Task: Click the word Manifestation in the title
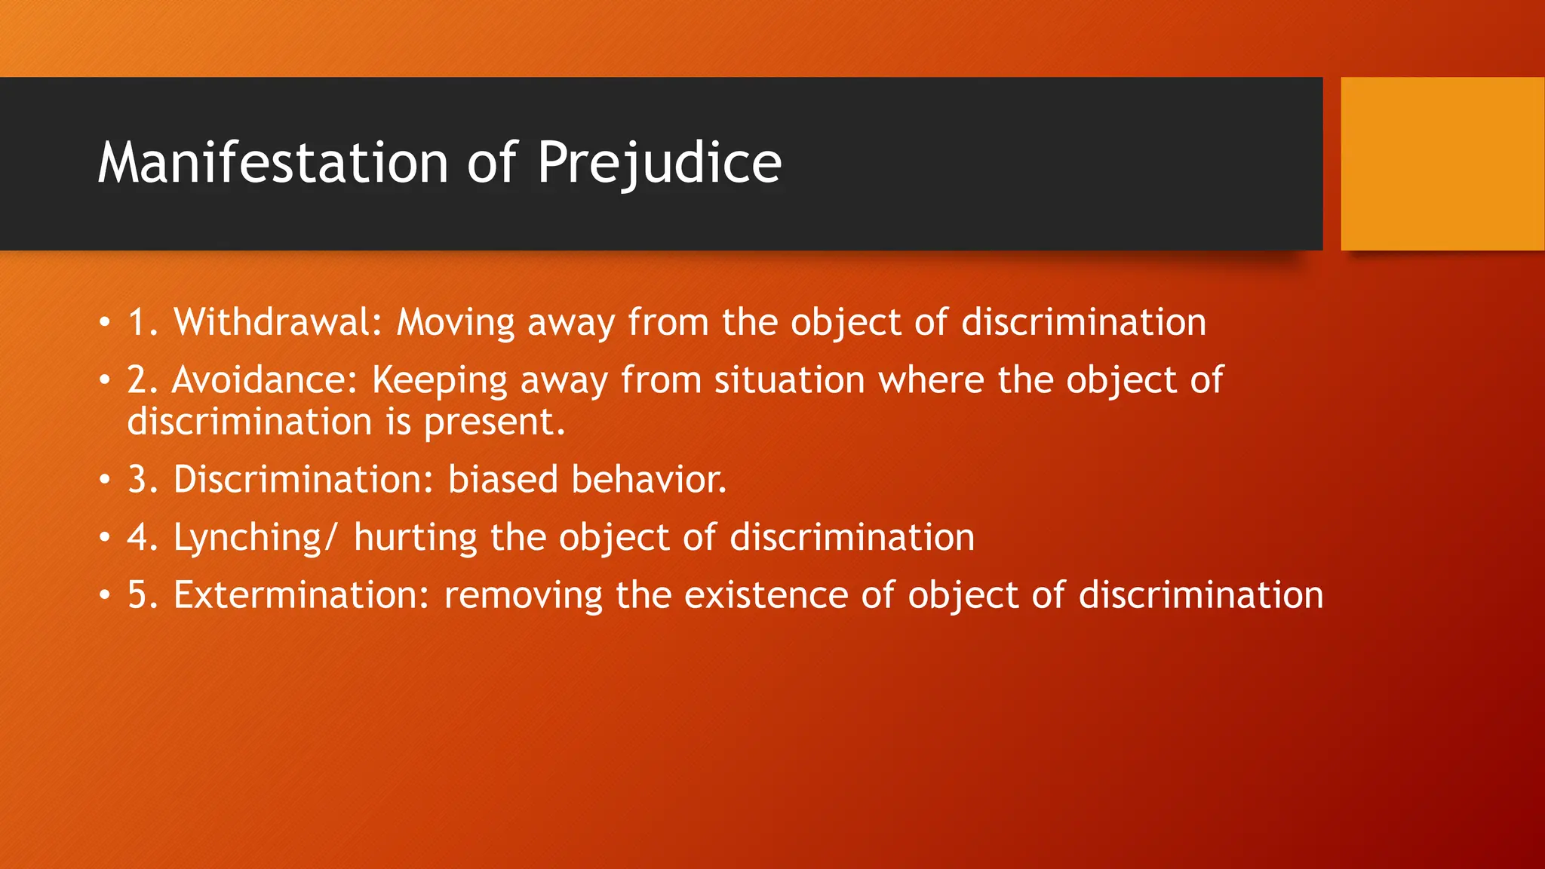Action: (273, 163)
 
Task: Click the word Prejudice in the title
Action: (659, 163)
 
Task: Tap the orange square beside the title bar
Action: (1442, 163)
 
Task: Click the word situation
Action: (789, 379)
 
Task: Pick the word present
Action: (493, 422)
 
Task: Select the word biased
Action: (502, 480)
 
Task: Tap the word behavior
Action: (649, 480)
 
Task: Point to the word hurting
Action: (415, 539)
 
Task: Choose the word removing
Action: (523, 595)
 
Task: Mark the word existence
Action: (766, 595)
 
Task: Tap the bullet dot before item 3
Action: (104, 480)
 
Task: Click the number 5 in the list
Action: (137, 595)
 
